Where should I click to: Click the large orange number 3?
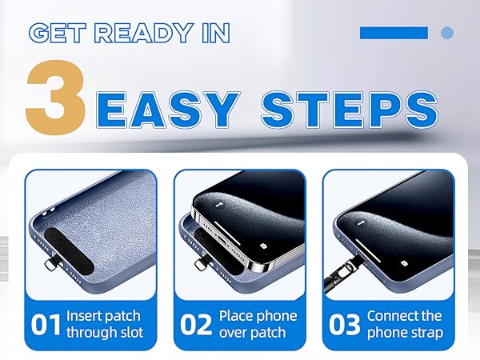click(56, 97)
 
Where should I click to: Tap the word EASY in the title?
click(168, 110)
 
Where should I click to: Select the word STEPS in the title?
click(350, 110)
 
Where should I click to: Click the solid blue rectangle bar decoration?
click(394, 33)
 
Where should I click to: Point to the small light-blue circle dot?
click(447, 33)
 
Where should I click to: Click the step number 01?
click(46, 325)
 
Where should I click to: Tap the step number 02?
click(196, 325)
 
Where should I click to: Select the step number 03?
click(344, 325)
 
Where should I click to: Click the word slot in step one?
click(130, 333)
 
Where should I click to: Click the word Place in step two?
click(235, 316)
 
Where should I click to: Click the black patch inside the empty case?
click(69, 252)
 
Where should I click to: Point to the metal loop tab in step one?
click(50, 263)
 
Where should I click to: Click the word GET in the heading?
click(58, 33)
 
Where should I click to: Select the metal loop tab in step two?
click(201, 265)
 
